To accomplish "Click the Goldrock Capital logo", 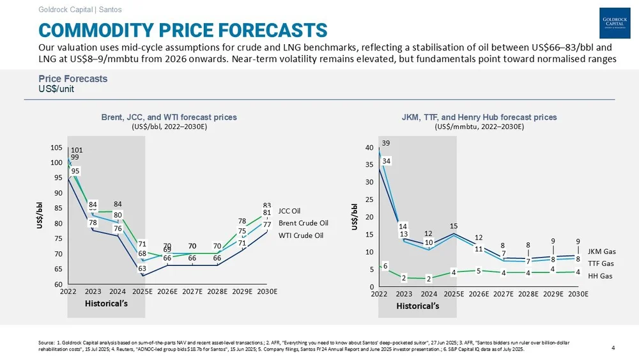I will pyautogui.click(x=615, y=24).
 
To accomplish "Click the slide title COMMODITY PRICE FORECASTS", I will pyautogui.click(x=183, y=29).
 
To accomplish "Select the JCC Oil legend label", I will pyautogui.click(x=289, y=210).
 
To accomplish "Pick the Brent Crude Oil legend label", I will pyautogui.click(x=303, y=223).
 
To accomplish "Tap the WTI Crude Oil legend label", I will pyautogui.click(x=300, y=235).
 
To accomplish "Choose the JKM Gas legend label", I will pyautogui.click(x=601, y=251).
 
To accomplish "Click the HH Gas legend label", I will pyautogui.click(x=600, y=276).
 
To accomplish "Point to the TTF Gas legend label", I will pyautogui.click(x=601, y=263).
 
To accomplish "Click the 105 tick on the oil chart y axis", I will pyautogui.click(x=56, y=148).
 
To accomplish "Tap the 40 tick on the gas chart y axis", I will pyautogui.click(x=369, y=148).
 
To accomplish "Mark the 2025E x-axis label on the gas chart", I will pyautogui.click(x=454, y=294).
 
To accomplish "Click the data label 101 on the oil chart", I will pyautogui.click(x=76, y=150).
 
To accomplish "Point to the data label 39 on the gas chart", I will pyautogui.click(x=387, y=142).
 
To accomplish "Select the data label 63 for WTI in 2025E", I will pyautogui.click(x=142, y=269).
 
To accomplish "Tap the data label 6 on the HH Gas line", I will pyautogui.click(x=385, y=266).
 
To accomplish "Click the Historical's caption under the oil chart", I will pyautogui.click(x=106, y=303).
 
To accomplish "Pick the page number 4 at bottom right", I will pyautogui.click(x=613, y=348).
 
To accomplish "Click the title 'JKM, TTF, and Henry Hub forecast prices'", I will pyautogui.click(x=479, y=117).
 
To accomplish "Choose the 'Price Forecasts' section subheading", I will pyautogui.click(x=72, y=79).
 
